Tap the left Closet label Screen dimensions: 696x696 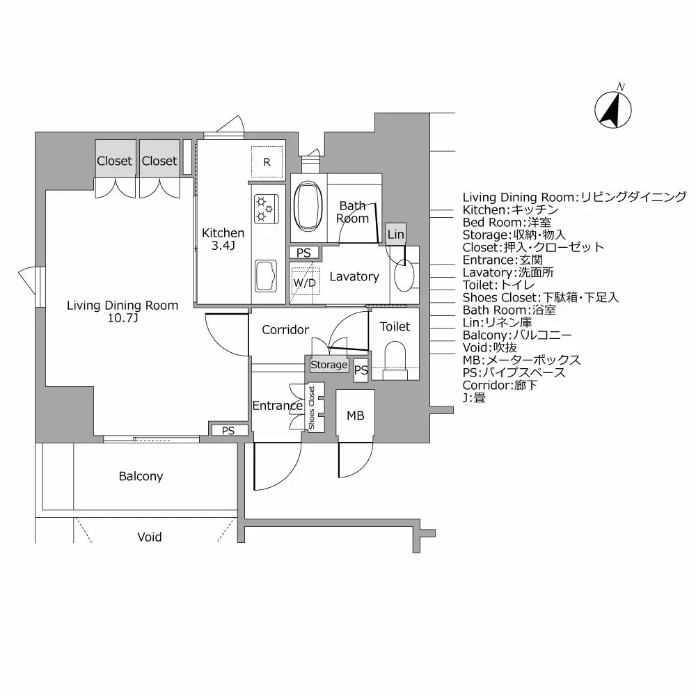coord(114,161)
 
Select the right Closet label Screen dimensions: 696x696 coord(159,161)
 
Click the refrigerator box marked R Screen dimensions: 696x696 coord(267,162)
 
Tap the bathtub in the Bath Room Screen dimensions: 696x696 coord(307,207)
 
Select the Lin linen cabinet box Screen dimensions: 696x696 coord(395,235)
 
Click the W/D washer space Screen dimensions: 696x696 coord(304,283)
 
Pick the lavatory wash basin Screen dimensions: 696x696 coord(403,276)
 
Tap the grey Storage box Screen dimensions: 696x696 coord(329,365)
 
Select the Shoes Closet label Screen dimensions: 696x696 coord(312,407)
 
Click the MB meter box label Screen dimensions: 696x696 coord(355,416)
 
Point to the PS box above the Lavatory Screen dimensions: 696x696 coord(303,253)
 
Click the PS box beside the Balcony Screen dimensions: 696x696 coord(228,431)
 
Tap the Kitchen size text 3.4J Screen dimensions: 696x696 coord(223,246)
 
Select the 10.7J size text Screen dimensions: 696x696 coord(122,319)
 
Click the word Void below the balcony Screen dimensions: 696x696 coord(149,537)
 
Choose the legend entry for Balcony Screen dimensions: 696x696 coord(517,335)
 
